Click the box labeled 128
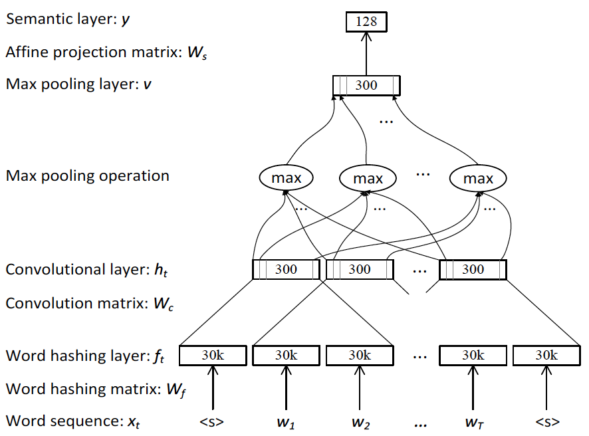(x=366, y=21)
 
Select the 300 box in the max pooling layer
(x=366, y=85)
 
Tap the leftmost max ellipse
(x=287, y=178)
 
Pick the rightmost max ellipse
(x=478, y=178)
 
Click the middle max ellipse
(x=368, y=178)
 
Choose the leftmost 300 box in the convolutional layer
(x=286, y=269)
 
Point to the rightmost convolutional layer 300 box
(x=473, y=269)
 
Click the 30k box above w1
(x=286, y=356)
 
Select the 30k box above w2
(x=359, y=356)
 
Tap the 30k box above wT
(x=473, y=356)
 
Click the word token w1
(x=286, y=422)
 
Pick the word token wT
(x=473, y=422)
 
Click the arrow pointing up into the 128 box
(x=366, y=53)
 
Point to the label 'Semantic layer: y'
(x=67, y=20)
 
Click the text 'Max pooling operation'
(x=87, y=176)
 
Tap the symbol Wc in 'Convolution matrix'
(x=160, y=304)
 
